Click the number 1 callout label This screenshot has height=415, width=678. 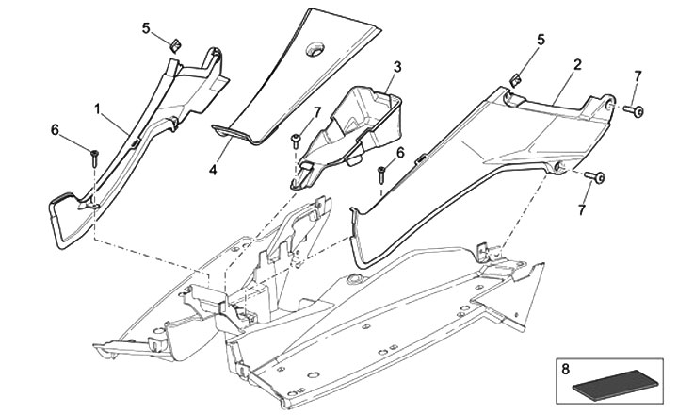97,109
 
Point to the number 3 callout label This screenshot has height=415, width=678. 397,67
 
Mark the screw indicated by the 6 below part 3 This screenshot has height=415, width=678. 381,173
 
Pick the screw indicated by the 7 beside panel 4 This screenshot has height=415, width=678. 294,141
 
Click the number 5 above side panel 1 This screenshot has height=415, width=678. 146,28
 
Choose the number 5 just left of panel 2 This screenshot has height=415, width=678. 541,40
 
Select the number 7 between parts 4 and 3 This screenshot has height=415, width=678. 317,111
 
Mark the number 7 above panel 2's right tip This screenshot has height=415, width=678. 637,75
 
